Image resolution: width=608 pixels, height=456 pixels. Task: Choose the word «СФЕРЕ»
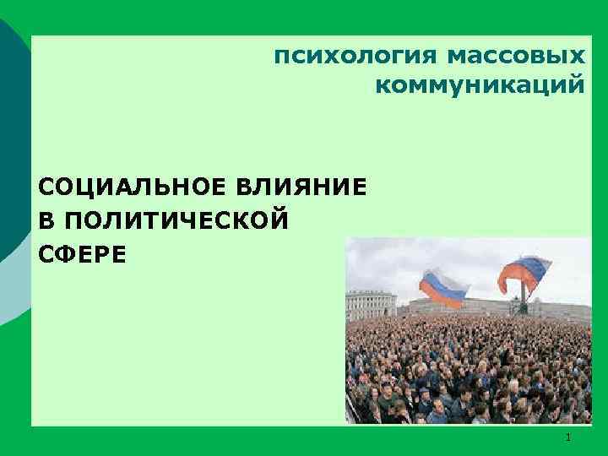pyautogui.click(x=83, y=252)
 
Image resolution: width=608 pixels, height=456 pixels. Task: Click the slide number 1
pyautogui.click(x=568, y=437)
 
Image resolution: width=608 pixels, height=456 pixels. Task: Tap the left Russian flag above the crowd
pyautogui.click(x=443, y=287)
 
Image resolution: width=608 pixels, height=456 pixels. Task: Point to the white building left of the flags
pyautogui.click(x=372, y=303)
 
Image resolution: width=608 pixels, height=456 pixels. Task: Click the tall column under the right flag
pyautogui.click(x=524, y=296)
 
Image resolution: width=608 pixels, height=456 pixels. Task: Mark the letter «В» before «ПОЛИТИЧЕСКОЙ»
pyautogui.click(x=46, y=220)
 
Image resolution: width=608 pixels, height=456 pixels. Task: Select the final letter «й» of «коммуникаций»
pyautogui.click(x=577, y=84)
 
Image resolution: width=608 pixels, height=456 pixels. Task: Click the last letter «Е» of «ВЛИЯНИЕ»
pyautogui.click(x=361, y=186)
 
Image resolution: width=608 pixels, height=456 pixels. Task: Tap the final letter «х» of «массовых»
pyautogui.click(x=577, y=57)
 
